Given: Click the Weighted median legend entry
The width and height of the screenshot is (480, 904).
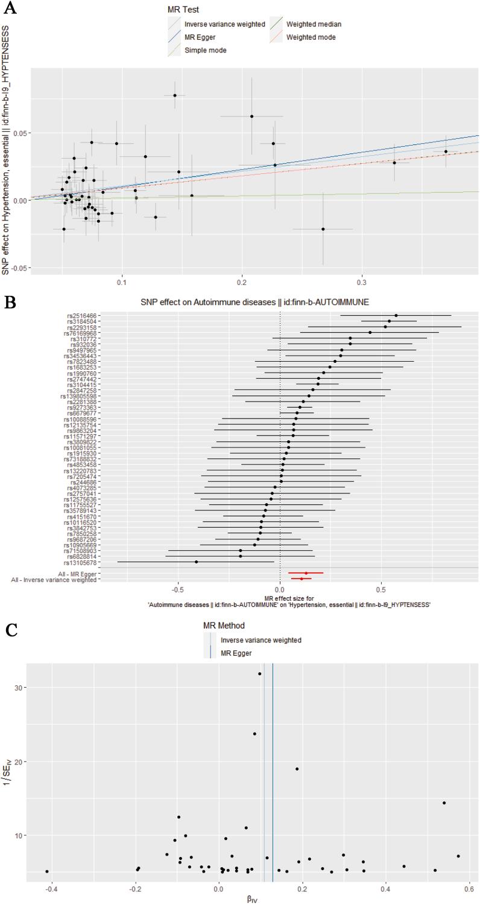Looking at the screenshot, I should [x=313, y=24].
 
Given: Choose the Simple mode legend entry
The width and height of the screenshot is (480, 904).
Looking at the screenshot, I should [x=206, y=50].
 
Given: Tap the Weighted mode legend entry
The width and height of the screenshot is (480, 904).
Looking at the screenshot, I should [x=311, y=37].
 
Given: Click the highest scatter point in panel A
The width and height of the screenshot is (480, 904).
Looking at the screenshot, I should [x=175, y=95].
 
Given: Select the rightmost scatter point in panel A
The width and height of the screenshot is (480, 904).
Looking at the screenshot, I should [x=446, y=152].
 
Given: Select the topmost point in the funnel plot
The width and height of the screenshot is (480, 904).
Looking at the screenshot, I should [x=260, y=674].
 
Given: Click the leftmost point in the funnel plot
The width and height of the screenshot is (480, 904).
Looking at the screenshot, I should [x=47, y=871].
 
